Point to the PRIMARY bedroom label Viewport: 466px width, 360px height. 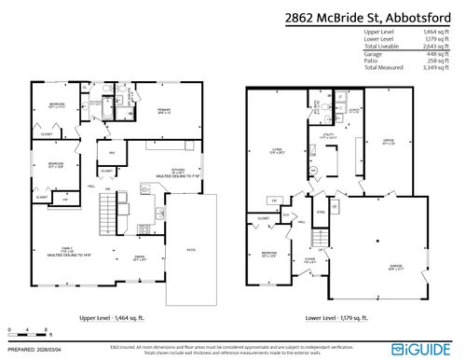(164, 109)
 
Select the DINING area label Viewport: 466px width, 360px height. (139, 258)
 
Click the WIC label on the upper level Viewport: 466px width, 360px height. (112, 153)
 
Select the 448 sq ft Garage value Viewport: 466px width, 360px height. (444, 54)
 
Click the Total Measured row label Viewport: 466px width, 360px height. (383, 68)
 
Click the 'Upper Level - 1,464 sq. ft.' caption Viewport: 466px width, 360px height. (118, 318)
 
